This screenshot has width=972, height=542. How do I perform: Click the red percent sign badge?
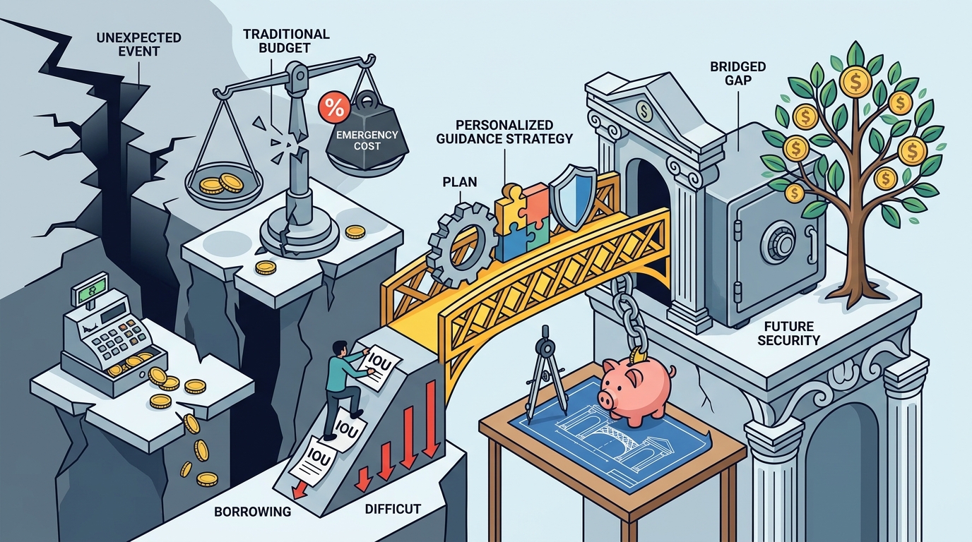(x=333, y=108)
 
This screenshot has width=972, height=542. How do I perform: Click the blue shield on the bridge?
(x=573, y=198)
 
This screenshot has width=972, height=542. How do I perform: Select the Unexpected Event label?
(x=139, y=44)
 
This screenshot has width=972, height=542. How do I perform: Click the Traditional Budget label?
(x=286, y=41)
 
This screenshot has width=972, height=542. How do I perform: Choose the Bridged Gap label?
(x=738, y=73)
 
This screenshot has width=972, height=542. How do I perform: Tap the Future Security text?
(x=789, y=332)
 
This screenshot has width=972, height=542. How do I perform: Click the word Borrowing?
(x=253, y=512)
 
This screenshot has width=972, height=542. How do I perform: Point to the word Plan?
(x=460, y=181)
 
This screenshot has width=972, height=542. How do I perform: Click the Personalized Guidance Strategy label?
(x=504, y=132)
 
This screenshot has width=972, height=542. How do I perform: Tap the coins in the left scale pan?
(x=221, y=183)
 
